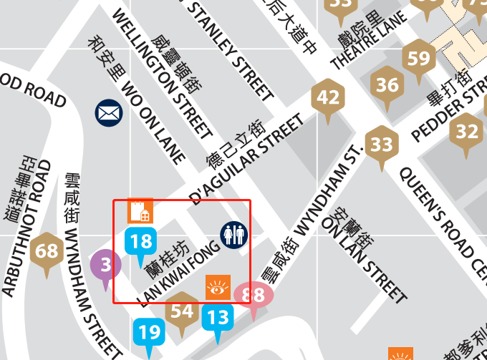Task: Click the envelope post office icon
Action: click(x=109, y=112)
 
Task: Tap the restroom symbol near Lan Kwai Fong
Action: click(x=233, y=235)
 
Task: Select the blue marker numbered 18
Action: click(x=141, y=241)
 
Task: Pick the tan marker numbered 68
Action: click(x=47, y=252)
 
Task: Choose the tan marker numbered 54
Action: click(x=182, y=311)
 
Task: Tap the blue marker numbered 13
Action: click(x=218, y=316)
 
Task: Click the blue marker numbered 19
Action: click(x=149, y=332)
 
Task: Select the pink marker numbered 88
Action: click(x=254, y=295)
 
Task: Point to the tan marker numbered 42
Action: click(x=328, y=97)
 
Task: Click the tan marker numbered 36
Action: click(x=387, y=86)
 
